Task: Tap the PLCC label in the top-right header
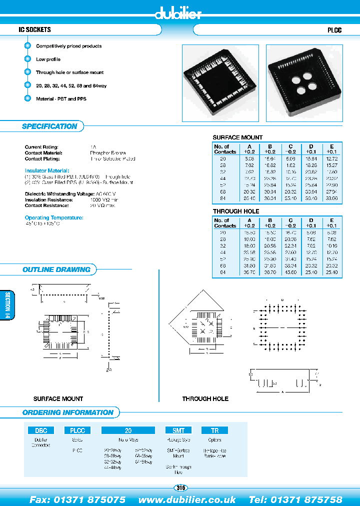[334, 30]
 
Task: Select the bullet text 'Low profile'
[48, 59]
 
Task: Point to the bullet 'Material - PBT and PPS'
[61, 99]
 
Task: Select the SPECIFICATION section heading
[49, 126]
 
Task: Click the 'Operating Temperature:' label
[54, 217]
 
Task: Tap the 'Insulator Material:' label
[47, 171]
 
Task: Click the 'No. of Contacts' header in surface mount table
[225, 149]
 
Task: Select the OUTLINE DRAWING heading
[56, 269]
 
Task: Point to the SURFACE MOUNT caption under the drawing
[58, 398]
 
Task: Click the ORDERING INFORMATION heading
[68, 412]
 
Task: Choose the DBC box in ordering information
[41, 430]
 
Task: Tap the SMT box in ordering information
[178, 430]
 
